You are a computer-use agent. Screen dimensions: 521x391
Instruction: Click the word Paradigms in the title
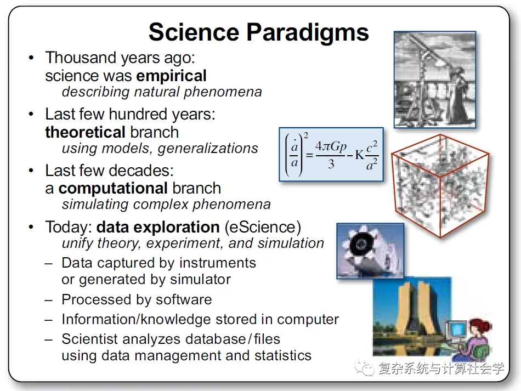click(x=307, y=32)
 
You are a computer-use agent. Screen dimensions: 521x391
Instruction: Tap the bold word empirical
click(x=172, y=76)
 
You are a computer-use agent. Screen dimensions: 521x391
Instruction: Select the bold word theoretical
click(x=86, y=132)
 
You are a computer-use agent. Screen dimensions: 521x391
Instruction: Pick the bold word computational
click(x=113, y=189)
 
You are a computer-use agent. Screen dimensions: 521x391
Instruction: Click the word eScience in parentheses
click(x=263, y=227)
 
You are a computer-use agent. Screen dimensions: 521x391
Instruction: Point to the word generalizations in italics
click(x=208, y=149)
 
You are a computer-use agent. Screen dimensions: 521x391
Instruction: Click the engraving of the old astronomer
click(x=434, y=80)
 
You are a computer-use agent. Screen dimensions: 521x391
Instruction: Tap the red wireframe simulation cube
click(x=440, y=186)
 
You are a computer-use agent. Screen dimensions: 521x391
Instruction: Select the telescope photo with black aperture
click(x=370, y=251)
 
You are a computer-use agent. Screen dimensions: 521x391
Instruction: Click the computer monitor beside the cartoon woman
click(x=457, y=330)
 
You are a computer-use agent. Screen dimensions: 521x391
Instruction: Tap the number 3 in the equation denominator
click(x=331, y=164)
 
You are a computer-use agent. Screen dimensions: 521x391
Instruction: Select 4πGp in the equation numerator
click(x=331, y=146)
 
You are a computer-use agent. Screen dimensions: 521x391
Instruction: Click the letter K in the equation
click(x=360, y=155)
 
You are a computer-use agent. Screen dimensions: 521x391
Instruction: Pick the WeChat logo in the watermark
click(x=365, y=368)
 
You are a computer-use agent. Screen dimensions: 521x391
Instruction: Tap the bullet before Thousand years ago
click(x=31, y=58)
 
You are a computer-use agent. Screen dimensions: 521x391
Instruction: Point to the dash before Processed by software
click(x=49, y=301)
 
